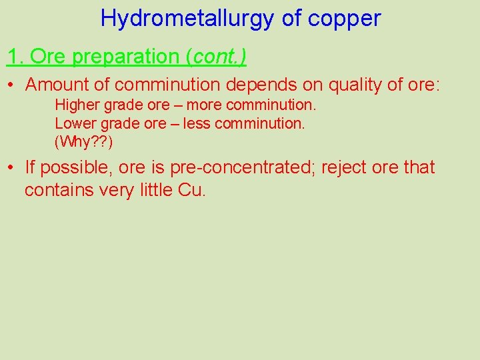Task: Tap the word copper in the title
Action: pyautogui.click(x=345, y=18)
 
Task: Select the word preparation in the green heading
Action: pyautogui.click(x=127, y=57)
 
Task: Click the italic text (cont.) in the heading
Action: pyautogui.click(x=217, y=57)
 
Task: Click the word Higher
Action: pyautogui.click(x=75, y=105)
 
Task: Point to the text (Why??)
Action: pyautogui.click(x=83, y=141)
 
